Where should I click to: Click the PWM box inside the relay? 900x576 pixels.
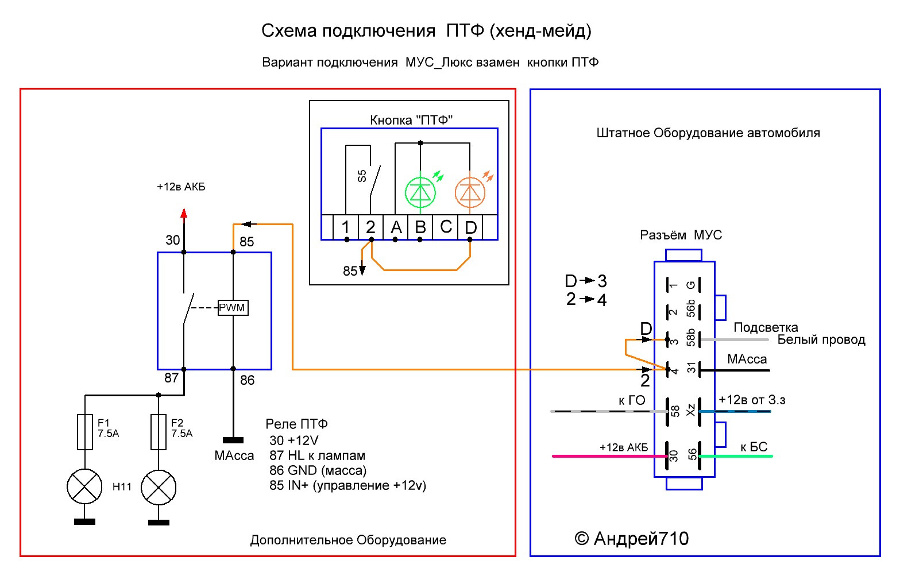(x=233, y=308)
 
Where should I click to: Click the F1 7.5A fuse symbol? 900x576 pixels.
(x=85, y=432)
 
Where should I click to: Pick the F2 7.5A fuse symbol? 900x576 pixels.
(x=159, y=432)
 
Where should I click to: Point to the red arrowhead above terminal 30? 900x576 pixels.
(x=184, y=214)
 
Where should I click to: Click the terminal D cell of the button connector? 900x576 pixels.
(x=470, y=227)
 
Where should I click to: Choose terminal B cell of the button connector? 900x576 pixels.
(x=420, y=227)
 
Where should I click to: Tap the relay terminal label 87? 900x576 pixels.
(x=172, y=378)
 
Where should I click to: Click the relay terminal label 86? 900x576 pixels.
(x=247, y=380)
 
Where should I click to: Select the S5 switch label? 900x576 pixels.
(x=362, y=176)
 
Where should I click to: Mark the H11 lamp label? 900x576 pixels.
(x=122, y=487)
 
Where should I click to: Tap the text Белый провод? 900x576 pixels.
(x=821, y=339)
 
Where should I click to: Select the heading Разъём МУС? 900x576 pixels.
(x=681, y=235)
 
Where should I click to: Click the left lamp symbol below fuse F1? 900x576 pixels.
(x=85, y=487)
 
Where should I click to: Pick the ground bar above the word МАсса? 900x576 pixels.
(x=233, y=440)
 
